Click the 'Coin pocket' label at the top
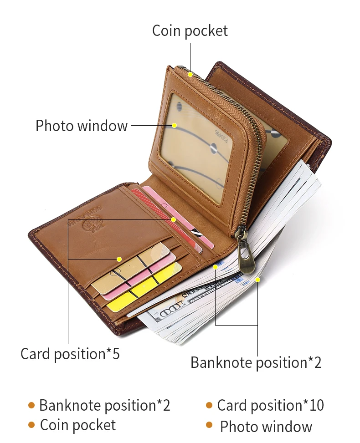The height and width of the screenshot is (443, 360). (x=190, y=31)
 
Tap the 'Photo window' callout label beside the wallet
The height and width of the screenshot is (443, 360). (x=82, y=126)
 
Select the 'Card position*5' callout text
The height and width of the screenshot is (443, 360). (x=70, y=354)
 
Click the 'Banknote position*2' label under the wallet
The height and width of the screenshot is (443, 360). (x=256, y=363)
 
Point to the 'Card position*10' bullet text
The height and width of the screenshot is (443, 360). (x=270, y=405)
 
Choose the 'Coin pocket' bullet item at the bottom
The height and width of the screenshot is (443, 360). (x=78, y=425)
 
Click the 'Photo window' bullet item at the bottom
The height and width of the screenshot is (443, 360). (x=266, y=427)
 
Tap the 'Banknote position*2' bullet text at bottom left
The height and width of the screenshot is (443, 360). (x=104, y=405)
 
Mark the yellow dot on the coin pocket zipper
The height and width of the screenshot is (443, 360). (x=190, y=74)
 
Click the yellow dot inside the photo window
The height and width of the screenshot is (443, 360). (x=174, y=125)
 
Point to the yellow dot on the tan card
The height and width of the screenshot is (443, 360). (x=119, y=259)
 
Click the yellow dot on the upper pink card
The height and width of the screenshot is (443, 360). (x=173, y=220)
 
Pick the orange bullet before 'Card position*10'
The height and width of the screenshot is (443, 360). (x=209, y=405)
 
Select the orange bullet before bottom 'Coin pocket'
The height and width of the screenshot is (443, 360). (x=31, y=425)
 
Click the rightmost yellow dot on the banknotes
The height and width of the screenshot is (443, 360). (x=257, y=280)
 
